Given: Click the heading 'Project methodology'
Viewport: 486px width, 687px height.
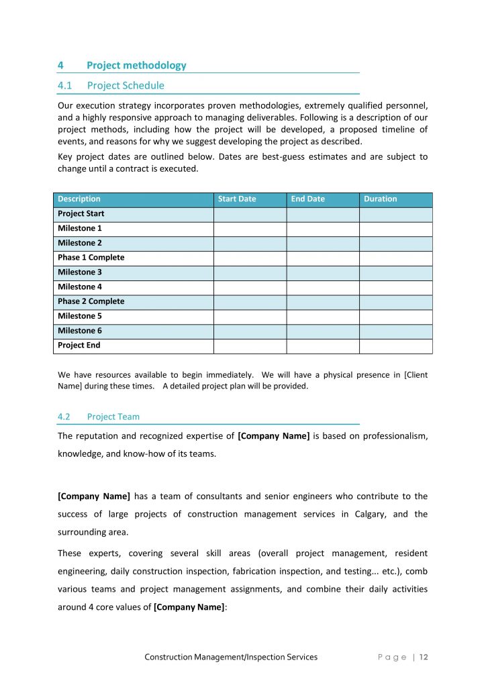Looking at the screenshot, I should click(136, 65).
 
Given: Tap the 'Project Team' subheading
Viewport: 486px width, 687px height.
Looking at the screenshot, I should click(113, 417).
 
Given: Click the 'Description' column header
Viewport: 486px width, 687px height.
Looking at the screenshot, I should click(79, 199).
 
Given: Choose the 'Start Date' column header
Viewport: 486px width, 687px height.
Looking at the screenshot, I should click(237, 199).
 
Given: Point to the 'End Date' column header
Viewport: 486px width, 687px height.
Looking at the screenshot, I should click(307, 199).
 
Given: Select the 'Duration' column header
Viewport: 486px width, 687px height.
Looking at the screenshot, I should click(380, 199).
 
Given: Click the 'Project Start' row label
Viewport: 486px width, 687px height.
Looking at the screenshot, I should click(81, 214).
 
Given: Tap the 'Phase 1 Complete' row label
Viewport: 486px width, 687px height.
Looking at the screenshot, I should click(91, 258).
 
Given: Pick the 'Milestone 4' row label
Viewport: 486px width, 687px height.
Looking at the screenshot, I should click(80, 287).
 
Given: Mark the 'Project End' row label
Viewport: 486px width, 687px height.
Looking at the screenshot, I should click(79, 346).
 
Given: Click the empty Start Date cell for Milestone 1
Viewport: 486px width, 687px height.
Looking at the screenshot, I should click(250, 229).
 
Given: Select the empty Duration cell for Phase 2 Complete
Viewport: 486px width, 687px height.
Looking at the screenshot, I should click(395, 302).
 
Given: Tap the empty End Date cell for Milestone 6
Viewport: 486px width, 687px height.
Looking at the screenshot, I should click(322, 331).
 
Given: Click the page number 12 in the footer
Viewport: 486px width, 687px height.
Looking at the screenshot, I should click(424, 657).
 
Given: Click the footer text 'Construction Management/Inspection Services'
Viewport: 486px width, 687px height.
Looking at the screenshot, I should click(231, 657).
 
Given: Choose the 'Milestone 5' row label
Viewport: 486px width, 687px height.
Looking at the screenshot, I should click(80, 316).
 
